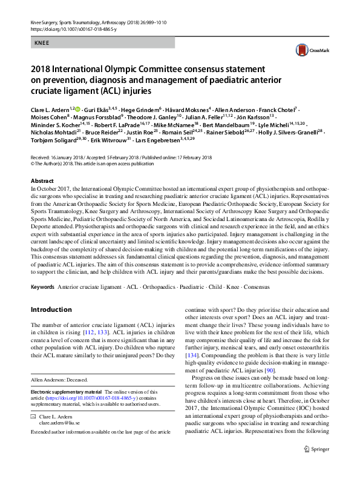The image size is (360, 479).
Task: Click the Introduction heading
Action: pos(51,309)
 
